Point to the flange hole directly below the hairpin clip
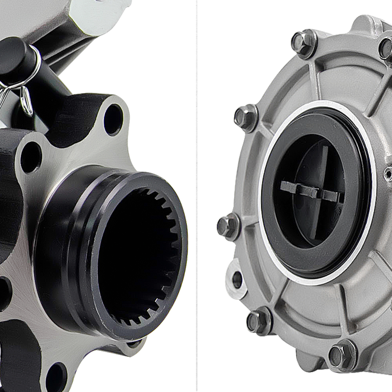[x=31, y=157]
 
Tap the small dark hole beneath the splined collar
[x=133, y=344]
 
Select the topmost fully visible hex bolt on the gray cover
[x=303, y=42]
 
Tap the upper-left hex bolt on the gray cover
[x=245, y=117]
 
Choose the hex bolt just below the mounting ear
[x=259, y=321]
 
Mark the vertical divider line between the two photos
[x=196, y=196]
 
